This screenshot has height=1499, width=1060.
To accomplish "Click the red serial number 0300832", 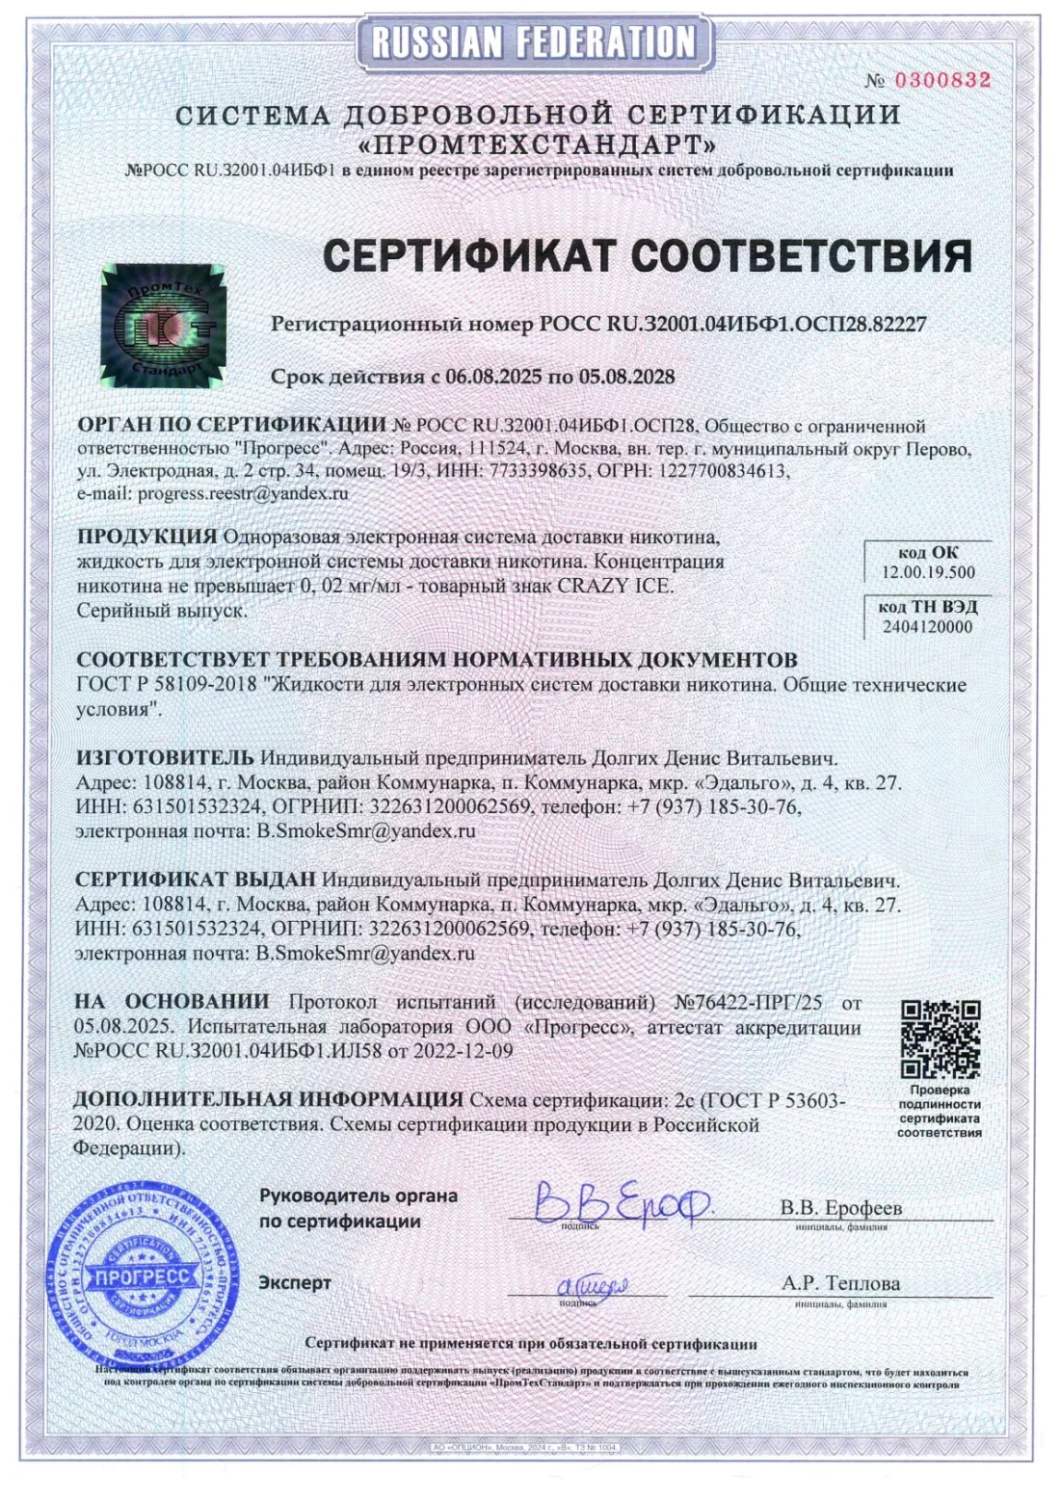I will [941, 81].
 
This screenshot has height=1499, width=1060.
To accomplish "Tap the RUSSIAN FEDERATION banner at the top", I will [533, 41].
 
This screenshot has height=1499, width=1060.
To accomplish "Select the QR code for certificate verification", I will [940, 1039].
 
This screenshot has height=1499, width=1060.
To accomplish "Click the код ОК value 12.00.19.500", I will [927, 572].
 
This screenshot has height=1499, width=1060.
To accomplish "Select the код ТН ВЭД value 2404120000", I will [927, 626].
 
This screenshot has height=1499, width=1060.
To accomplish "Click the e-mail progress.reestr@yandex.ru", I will [241, 493].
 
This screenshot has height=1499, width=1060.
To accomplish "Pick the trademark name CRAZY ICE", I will [615, 586].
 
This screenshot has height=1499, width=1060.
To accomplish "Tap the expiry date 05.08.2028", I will [626, 376].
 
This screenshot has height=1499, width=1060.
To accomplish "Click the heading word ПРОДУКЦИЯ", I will [146, 536].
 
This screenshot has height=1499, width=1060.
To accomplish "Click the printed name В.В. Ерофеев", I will [840, 1208].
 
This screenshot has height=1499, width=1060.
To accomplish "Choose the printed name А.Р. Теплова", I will [840, 1283].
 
